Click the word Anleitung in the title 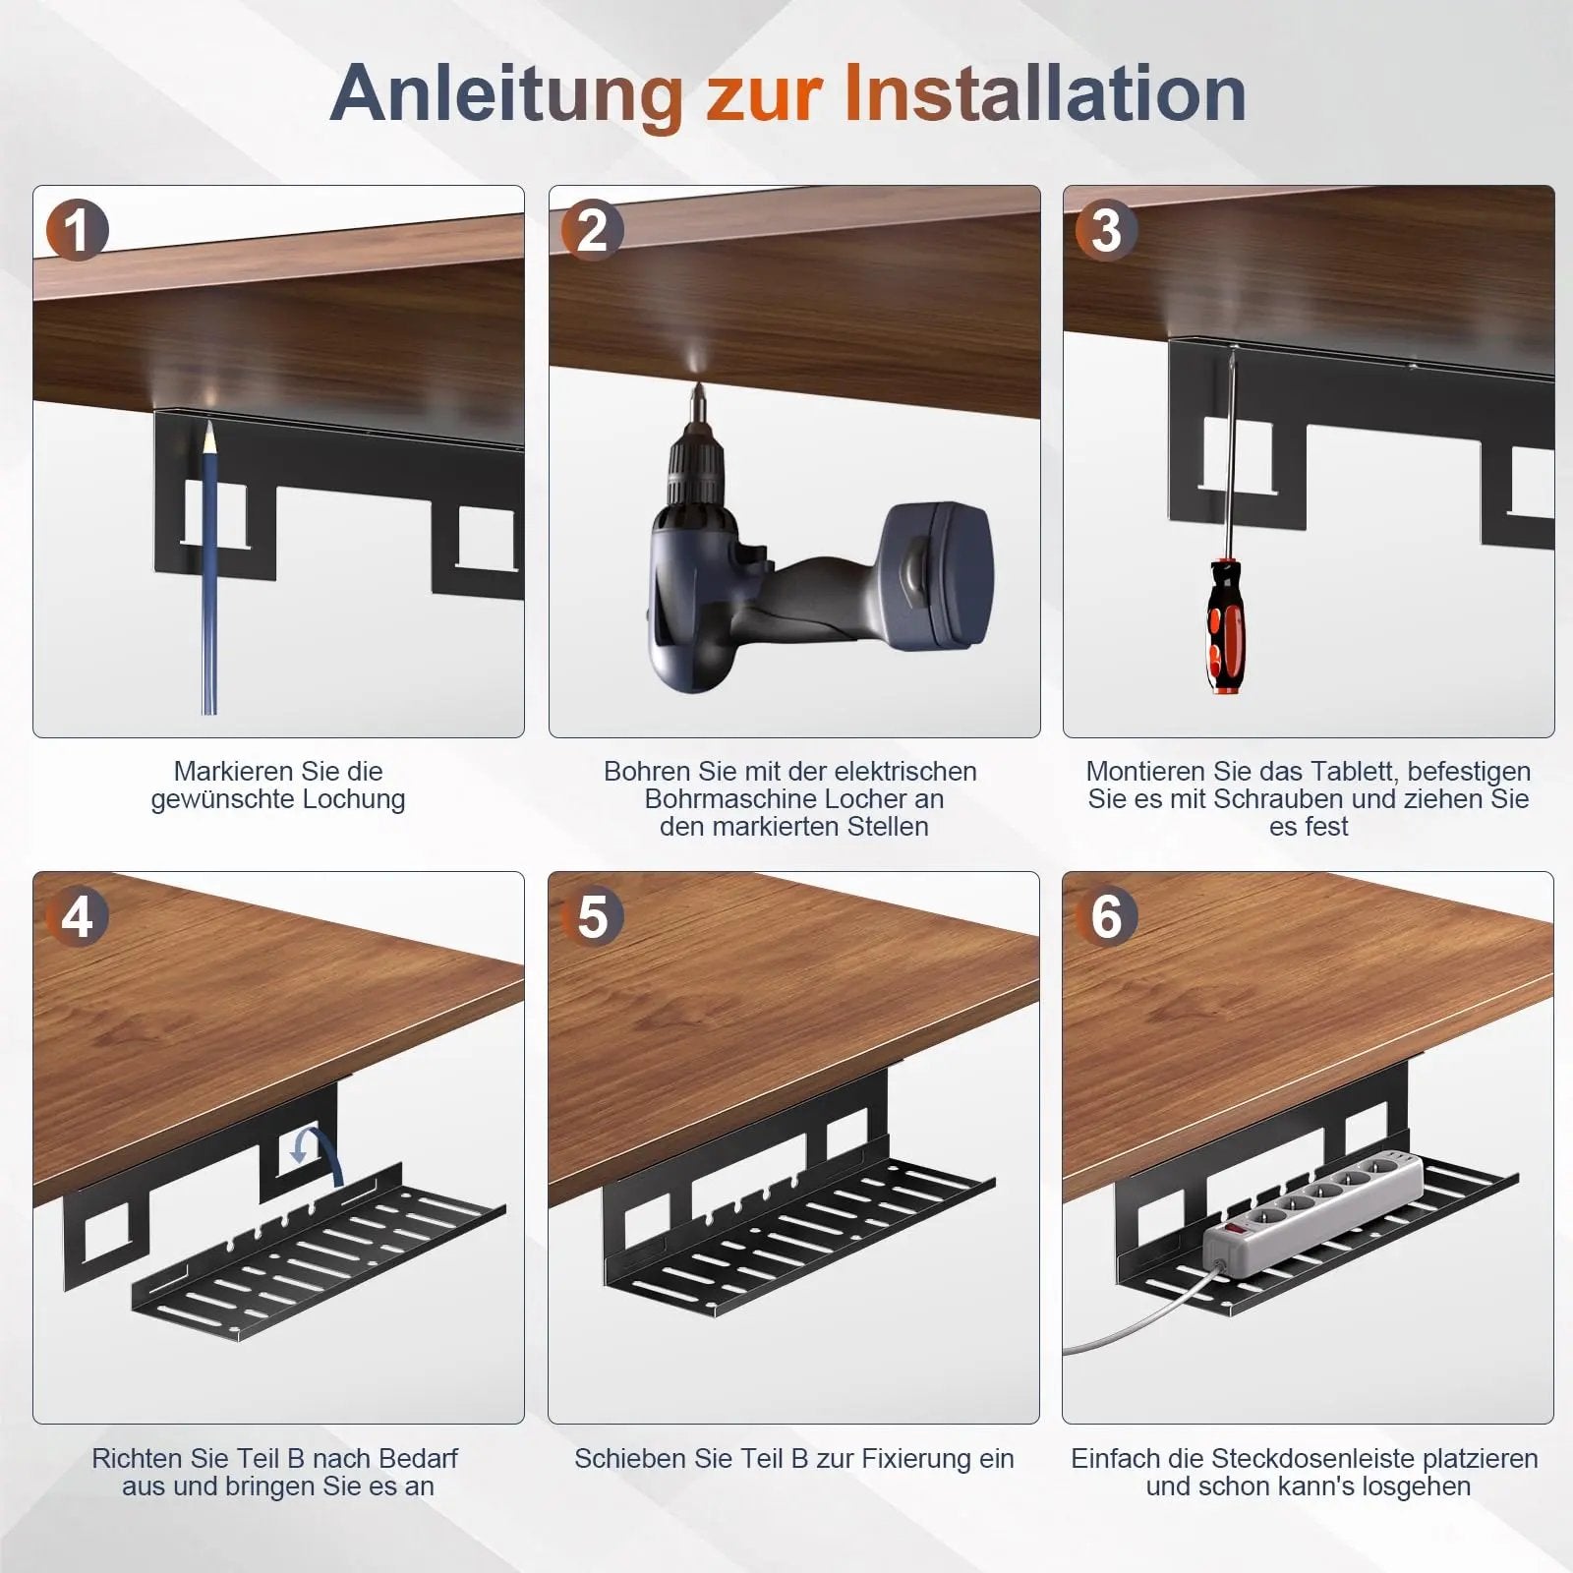pos(506,93)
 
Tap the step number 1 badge pos(77,232)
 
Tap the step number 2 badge pos(592,232)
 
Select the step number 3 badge pos(1106,232)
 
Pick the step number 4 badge pos(77,917)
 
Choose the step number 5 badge pos(592,917)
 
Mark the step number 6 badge pos(1106,917)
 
